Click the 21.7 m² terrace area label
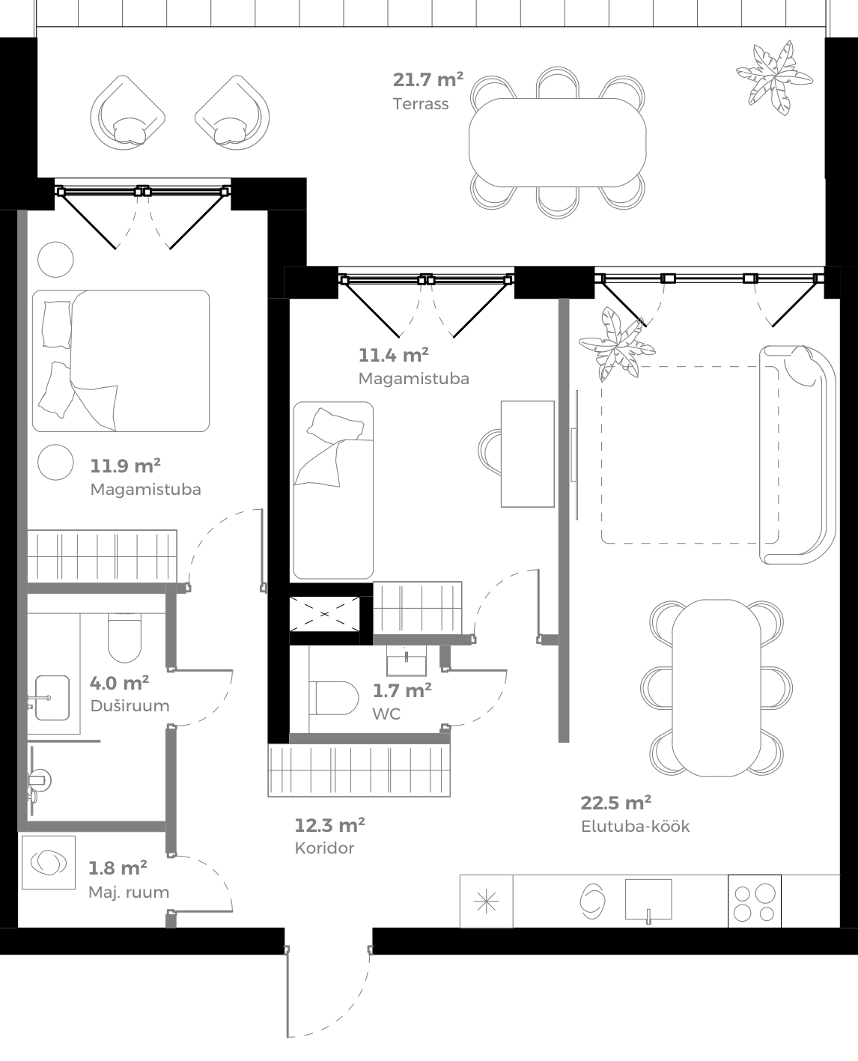point(428,79)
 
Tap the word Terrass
point(421,104)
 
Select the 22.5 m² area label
point(615,803)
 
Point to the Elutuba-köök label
point(635,827)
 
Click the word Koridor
point(324,848)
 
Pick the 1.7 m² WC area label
point(402,690)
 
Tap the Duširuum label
point(130,706)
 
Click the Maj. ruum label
point(129,893)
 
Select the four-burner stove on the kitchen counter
point(754,902)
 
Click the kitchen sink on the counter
point(648,899)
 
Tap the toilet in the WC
point(334,697)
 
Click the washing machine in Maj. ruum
point(49,863)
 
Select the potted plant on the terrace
point(773,77)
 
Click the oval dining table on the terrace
point(557,142)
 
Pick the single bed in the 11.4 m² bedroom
point(333,490)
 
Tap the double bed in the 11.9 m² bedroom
point(121,361)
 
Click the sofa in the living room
point(797,455)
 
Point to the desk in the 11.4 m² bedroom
point(527,454)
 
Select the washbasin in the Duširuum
point(52,699)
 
